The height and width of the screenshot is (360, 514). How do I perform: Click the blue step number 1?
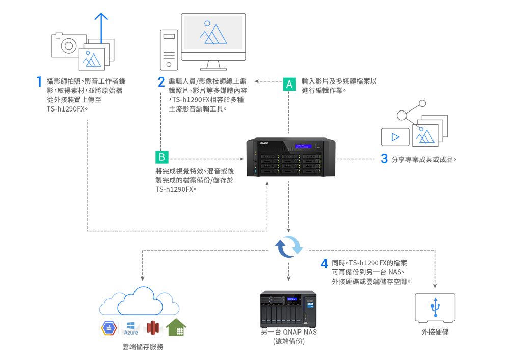coord(39,81)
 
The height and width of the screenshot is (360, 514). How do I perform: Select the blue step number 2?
coord(161,81)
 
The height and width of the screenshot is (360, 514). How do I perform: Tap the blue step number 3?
coord(384,159)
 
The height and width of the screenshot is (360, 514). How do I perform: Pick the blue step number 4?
coord(324,263)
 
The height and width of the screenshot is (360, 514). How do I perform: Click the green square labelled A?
coord(289,84)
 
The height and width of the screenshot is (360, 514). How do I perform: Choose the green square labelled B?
coord(161,157)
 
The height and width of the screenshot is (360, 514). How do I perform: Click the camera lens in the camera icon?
coord(68,46)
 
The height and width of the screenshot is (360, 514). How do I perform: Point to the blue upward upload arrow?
coord(101,29)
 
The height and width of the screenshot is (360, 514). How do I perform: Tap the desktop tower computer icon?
coord(169,50)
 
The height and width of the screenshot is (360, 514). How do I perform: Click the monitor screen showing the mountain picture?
coord(213,33)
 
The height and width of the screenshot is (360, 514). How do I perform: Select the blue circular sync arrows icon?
coord(288,246)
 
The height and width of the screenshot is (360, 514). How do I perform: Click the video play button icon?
coord(395,137)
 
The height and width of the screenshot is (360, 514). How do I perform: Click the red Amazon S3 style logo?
coord(153,327)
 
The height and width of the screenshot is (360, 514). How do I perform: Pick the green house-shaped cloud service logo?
coord(176,327)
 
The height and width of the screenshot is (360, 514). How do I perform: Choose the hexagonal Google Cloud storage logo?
coord(109,328)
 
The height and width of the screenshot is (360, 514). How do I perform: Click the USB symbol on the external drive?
coord(435,307)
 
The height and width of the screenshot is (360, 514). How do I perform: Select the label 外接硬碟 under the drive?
coord(435,332)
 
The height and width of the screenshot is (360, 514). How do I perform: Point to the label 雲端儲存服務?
coord(143,347)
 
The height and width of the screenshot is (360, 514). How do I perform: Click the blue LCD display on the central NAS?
coord(304,146)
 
